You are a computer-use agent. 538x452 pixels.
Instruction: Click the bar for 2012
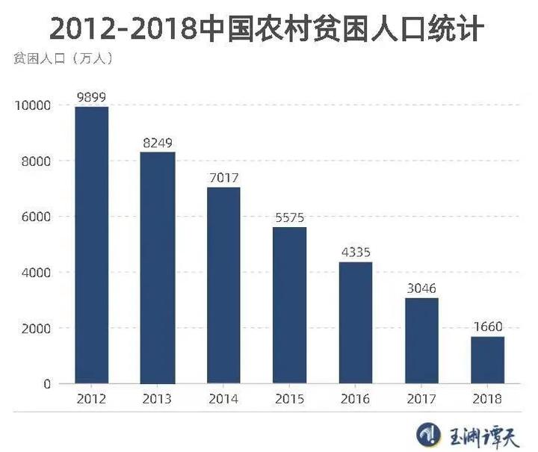91,245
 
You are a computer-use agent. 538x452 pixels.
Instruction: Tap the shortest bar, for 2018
487,360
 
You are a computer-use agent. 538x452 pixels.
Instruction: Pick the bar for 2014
223,285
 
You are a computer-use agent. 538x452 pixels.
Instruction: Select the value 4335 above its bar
356,253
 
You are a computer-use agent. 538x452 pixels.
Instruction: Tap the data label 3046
421,288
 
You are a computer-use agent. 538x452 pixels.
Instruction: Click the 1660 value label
487,327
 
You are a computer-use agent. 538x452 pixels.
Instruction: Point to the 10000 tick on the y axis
32,105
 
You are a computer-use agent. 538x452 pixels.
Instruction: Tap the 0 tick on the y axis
46,384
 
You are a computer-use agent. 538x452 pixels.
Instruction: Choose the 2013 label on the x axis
158,400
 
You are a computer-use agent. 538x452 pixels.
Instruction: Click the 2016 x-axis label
356,400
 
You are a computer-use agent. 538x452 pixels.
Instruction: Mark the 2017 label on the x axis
421,400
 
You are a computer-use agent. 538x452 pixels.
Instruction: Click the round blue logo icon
426,433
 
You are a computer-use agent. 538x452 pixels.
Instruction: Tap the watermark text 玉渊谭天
479,433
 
